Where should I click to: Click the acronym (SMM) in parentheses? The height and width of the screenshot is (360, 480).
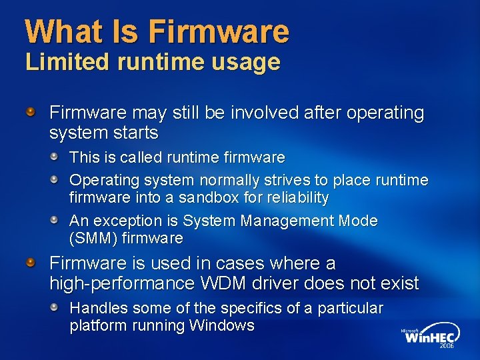[x=90, y=238]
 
